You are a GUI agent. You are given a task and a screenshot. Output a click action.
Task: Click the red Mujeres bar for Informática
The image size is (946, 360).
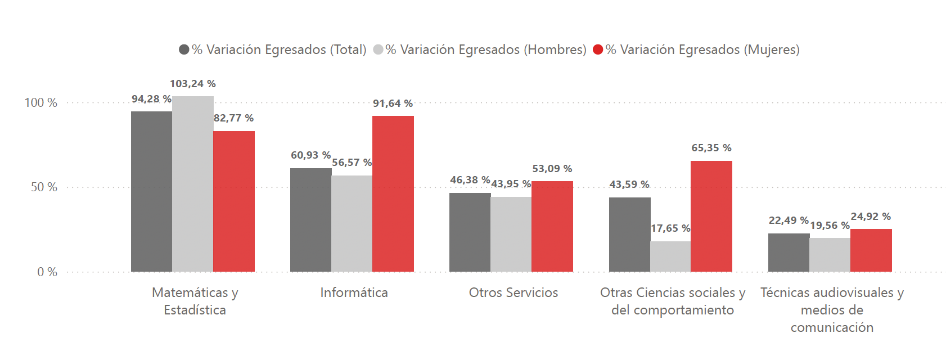coord(393,193)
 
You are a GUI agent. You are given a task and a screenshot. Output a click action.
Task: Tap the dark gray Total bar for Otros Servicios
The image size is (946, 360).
coord(470,232)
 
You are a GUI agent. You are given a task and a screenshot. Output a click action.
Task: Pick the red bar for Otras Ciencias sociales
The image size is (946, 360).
coord(711,216)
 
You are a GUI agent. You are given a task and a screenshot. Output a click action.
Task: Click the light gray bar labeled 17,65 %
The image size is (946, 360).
coord(670,256)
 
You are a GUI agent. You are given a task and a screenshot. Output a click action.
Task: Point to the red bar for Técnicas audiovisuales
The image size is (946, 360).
coord(871,250)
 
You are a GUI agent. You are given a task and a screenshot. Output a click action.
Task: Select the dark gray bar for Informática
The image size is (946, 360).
coord(310,220)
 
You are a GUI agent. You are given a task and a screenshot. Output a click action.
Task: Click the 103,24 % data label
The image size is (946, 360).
coord(193,84)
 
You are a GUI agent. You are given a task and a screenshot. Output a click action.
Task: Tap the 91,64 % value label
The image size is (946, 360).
coord(393,103)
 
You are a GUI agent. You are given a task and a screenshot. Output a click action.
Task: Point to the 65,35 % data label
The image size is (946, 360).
coord(711,148)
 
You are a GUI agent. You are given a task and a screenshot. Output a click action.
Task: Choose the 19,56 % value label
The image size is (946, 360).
coord(830,226)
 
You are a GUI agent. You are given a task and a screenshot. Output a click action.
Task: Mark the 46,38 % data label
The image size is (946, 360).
coord(470,180)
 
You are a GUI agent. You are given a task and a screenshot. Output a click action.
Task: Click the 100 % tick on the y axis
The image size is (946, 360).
coord(41,102)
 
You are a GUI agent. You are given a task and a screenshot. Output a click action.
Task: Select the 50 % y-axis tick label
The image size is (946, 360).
coord(44,187)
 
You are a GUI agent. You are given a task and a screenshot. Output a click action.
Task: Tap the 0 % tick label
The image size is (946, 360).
coord(47,272)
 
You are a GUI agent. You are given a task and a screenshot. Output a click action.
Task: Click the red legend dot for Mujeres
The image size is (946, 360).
coord(598,49)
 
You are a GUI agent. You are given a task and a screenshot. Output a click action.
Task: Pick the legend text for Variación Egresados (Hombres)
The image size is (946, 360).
coord(486,49)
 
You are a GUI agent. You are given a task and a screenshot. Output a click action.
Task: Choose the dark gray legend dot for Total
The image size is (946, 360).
coord(184,49)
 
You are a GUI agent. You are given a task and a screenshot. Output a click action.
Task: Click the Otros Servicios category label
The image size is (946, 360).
coord(513,292)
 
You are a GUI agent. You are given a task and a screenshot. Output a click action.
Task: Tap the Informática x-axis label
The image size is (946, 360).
coord(354,292)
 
